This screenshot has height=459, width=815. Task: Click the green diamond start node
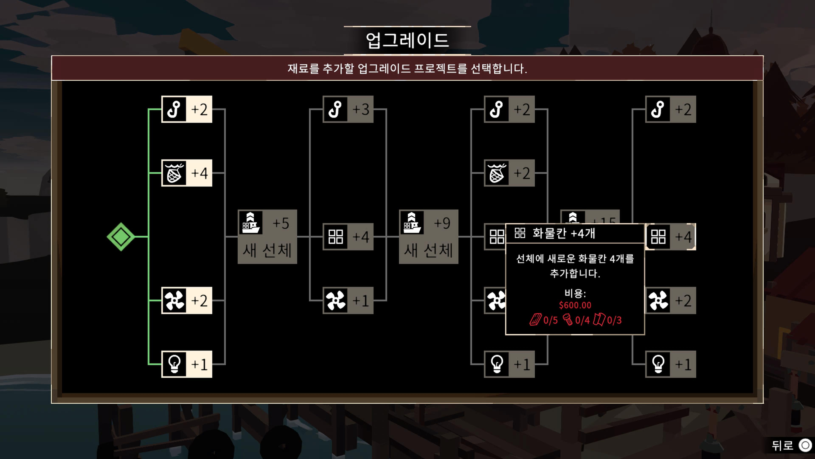pyautogui.click(x=121, y=237)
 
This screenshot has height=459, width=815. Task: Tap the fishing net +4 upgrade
pyautogui.click(x=187, y=173)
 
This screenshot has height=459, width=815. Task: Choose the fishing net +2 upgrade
pyautogui.click(x=509, y=173)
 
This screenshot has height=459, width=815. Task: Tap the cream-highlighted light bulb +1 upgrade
pyautogui.click(x=187, y=364)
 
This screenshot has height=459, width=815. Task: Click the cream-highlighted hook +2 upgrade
pyautogui.click(x=187, y=109)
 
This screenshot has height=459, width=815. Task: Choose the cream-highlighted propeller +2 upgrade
pyautogui.click(x=187, y=300)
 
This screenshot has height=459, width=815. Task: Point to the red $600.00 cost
pyautogui.click(x=575, y=305)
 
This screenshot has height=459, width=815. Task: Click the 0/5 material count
pyautogui.click(x=550, y=320)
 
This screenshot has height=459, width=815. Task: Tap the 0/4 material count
pyautogui.click(x=582, y=320)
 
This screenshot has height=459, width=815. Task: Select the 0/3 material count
pyautogui.click(x=614, y=320)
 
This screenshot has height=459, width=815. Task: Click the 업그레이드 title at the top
pyautogui.click(x=407, y=40)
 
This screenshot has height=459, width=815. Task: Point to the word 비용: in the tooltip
pyautogui.click(x=575, y=293)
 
